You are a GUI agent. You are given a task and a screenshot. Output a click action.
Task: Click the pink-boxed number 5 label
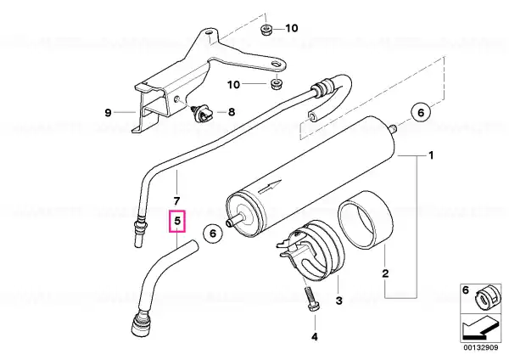coord(177,222)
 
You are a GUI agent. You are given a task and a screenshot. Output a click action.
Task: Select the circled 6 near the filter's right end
coord(421,112)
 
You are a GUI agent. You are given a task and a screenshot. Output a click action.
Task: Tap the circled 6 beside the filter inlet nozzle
coord(213,233)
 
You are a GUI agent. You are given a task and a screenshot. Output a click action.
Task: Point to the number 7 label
coord(176,201)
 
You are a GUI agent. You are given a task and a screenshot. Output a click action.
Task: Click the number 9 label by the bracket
coord(108,113)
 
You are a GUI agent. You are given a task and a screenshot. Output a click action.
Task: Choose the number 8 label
coord(231,112)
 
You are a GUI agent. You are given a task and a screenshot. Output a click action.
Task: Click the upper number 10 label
coord(292,28)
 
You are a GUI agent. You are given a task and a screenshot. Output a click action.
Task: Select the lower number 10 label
coord(233,85)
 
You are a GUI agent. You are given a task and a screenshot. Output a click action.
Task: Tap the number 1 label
coord(431,155)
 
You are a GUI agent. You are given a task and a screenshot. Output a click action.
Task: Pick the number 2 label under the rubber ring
coord(385,273)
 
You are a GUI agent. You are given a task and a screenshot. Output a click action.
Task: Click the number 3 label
coord(338,301)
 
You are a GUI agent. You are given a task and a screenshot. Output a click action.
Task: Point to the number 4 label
coord(315,337)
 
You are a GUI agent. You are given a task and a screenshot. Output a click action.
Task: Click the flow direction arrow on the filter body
coord(270,187)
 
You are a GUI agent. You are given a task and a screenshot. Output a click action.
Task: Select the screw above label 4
coord(312,300)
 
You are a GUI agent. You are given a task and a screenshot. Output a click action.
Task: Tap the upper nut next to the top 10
coord(266,30)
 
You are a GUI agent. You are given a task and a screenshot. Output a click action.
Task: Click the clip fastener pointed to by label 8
coord(201,114)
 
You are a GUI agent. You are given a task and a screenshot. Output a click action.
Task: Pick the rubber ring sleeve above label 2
coord(364,220)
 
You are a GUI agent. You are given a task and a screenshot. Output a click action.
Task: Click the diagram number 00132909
coord(480,347)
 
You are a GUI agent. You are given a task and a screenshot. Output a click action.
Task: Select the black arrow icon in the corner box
coord(479,328)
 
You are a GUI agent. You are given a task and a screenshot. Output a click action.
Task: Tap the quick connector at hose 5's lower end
coord(139,323)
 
